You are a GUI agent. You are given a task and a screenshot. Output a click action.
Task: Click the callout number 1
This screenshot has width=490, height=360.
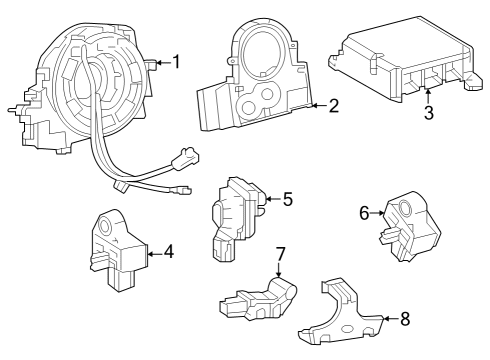[x=176, y=62]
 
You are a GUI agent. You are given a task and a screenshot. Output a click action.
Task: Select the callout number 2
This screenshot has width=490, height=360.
[x=333, y=104]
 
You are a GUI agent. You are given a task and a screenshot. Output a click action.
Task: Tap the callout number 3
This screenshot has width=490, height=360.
[x=428, y=112]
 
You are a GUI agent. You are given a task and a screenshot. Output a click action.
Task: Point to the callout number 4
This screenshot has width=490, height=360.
[x=168, y=252]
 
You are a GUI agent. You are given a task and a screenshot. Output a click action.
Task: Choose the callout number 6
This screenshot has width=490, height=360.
[x=365, y=212]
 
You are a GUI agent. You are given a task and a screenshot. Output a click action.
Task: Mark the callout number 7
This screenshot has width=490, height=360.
[x=281, y=253]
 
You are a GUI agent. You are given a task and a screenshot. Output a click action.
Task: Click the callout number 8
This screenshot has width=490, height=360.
[x=404, y=320]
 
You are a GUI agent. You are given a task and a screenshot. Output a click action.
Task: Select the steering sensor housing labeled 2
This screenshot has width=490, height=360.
[x=258, y=90]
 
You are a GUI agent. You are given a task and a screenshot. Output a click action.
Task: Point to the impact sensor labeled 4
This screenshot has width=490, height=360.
[x=118, y=250]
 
